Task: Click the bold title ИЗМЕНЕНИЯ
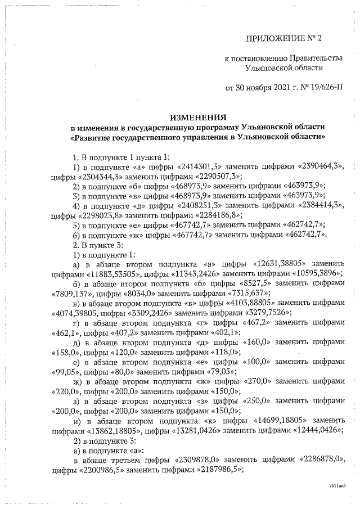pos(199,117)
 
